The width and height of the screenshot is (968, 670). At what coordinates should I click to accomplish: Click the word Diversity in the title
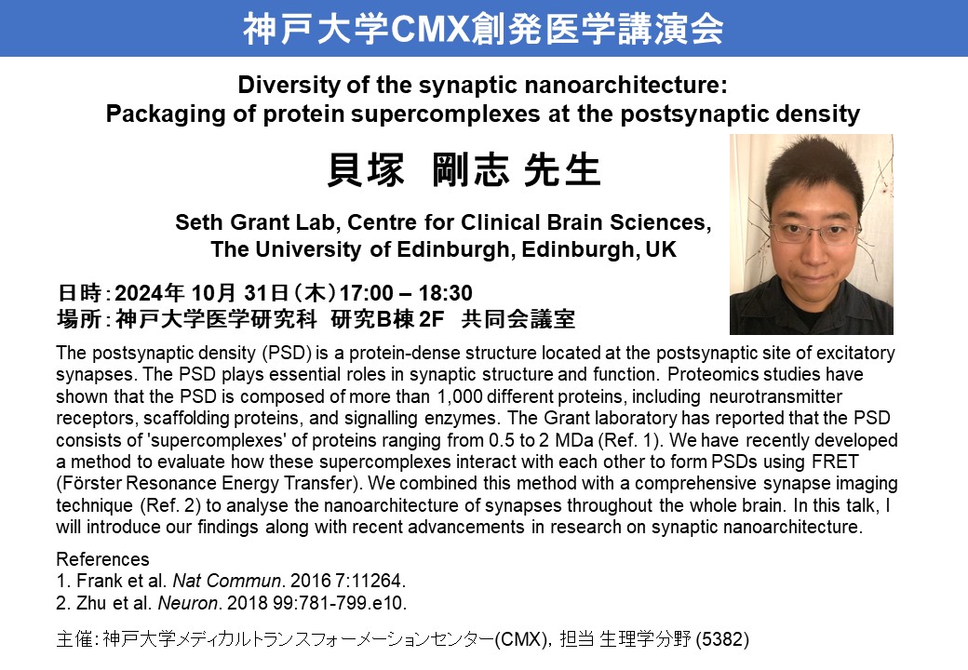click(289, 85)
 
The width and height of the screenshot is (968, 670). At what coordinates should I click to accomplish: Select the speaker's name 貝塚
click(366, 169)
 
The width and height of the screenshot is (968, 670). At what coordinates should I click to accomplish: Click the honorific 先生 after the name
click(562, 169)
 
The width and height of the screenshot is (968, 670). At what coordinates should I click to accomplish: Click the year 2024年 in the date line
click(150, 292)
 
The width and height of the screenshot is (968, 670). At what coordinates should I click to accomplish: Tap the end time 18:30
click(445, 292)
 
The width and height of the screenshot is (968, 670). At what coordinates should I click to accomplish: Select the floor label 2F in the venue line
click(432, 319)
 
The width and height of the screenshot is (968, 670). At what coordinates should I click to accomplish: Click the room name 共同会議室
click(518, 319)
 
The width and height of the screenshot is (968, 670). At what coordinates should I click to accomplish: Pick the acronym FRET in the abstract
click(835, 462)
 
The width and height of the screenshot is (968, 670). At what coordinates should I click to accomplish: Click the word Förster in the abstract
click(87, 483)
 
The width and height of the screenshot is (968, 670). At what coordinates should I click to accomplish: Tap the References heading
click(102, 559)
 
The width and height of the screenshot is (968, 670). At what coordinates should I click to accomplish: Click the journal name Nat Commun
click(227, 581)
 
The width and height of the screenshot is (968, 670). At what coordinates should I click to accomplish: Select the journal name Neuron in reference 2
click(188, 603)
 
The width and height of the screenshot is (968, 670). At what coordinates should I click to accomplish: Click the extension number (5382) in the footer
click(722, 639)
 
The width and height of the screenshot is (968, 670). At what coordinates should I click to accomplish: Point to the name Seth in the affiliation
click(197, 222)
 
